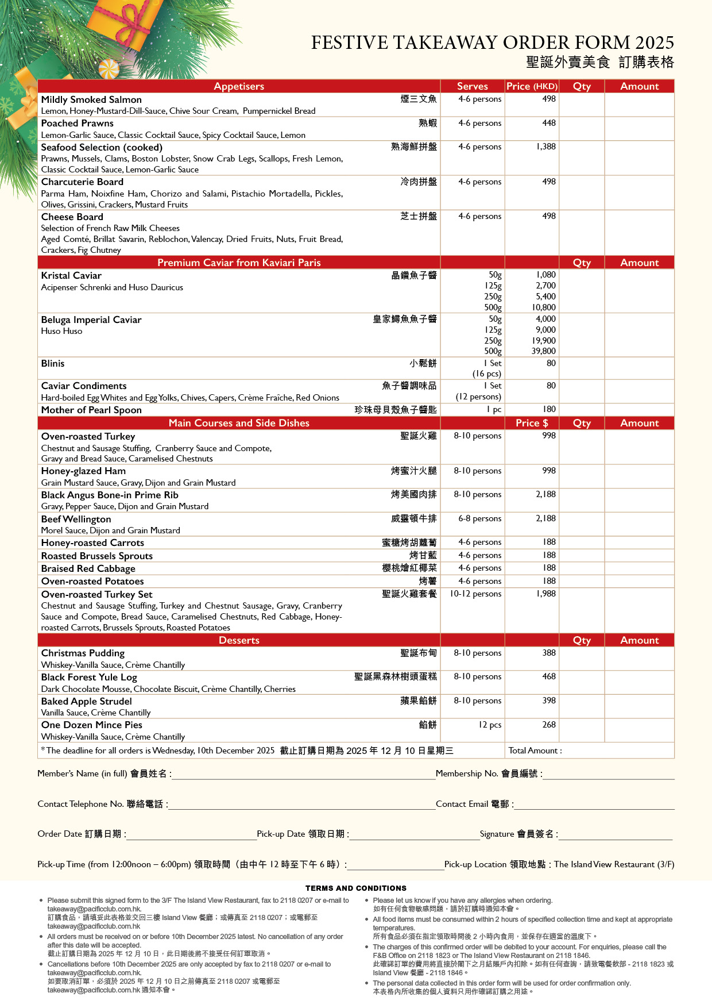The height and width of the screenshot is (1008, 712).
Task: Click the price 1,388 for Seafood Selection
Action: (545, 147)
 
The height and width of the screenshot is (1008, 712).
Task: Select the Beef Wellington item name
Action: (76, 519)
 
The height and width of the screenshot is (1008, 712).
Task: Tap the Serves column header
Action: (472, 86)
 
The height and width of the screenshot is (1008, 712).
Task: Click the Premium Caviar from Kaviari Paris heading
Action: (239, 263)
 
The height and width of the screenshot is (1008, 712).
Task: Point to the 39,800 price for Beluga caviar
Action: (543, 351)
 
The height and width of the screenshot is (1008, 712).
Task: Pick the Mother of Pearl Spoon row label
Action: (91, 410)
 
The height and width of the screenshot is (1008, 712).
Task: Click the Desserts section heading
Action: (239, 640)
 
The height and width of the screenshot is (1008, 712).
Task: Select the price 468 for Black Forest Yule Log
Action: (549, 677)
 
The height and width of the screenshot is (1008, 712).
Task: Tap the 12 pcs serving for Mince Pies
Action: (490, 725)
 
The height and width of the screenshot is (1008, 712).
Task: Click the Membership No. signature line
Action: (608, 778)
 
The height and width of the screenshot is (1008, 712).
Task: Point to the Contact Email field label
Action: (474, 804)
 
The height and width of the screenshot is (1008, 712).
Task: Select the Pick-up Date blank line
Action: (414, 838)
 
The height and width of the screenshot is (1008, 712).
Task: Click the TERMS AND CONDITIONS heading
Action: (356, 888)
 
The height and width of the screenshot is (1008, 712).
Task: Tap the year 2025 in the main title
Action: (655, 43)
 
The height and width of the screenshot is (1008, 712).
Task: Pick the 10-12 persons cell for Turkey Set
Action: (475, 594)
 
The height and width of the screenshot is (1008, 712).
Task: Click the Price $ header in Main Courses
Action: (532, 423)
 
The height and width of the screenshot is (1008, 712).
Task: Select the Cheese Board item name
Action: (72, 217)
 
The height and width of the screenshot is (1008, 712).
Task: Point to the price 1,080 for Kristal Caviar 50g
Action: (545, 275)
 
